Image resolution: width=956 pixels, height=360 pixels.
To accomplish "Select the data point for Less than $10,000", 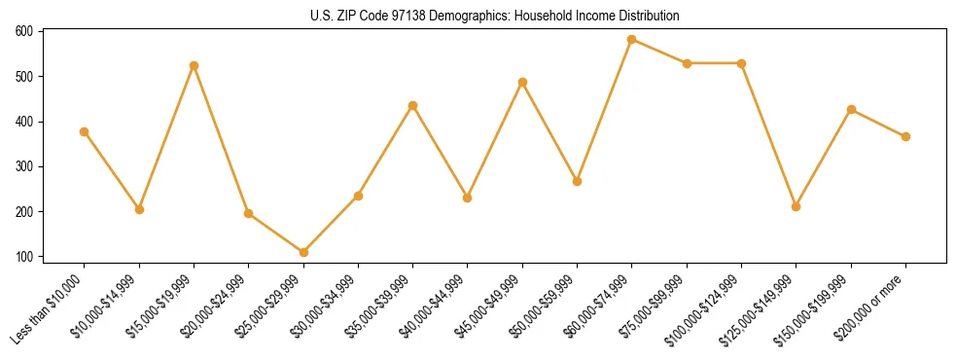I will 85,131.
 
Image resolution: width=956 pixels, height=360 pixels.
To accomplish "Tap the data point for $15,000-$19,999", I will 194,65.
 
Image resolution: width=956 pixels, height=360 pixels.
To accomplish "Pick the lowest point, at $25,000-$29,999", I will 303,252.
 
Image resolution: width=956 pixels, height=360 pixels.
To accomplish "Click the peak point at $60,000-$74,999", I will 632,40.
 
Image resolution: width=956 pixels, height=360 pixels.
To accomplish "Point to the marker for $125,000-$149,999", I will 797,206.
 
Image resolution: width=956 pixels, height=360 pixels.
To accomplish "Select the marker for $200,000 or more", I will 905,136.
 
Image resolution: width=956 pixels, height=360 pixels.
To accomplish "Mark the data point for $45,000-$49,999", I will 522,82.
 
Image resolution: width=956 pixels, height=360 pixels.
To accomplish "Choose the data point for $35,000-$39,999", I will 413,105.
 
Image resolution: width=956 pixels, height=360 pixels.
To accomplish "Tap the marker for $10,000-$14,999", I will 139,209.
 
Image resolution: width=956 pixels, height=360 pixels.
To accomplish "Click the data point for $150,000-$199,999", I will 851,109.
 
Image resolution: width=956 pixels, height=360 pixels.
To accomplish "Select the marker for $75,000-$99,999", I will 687,63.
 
